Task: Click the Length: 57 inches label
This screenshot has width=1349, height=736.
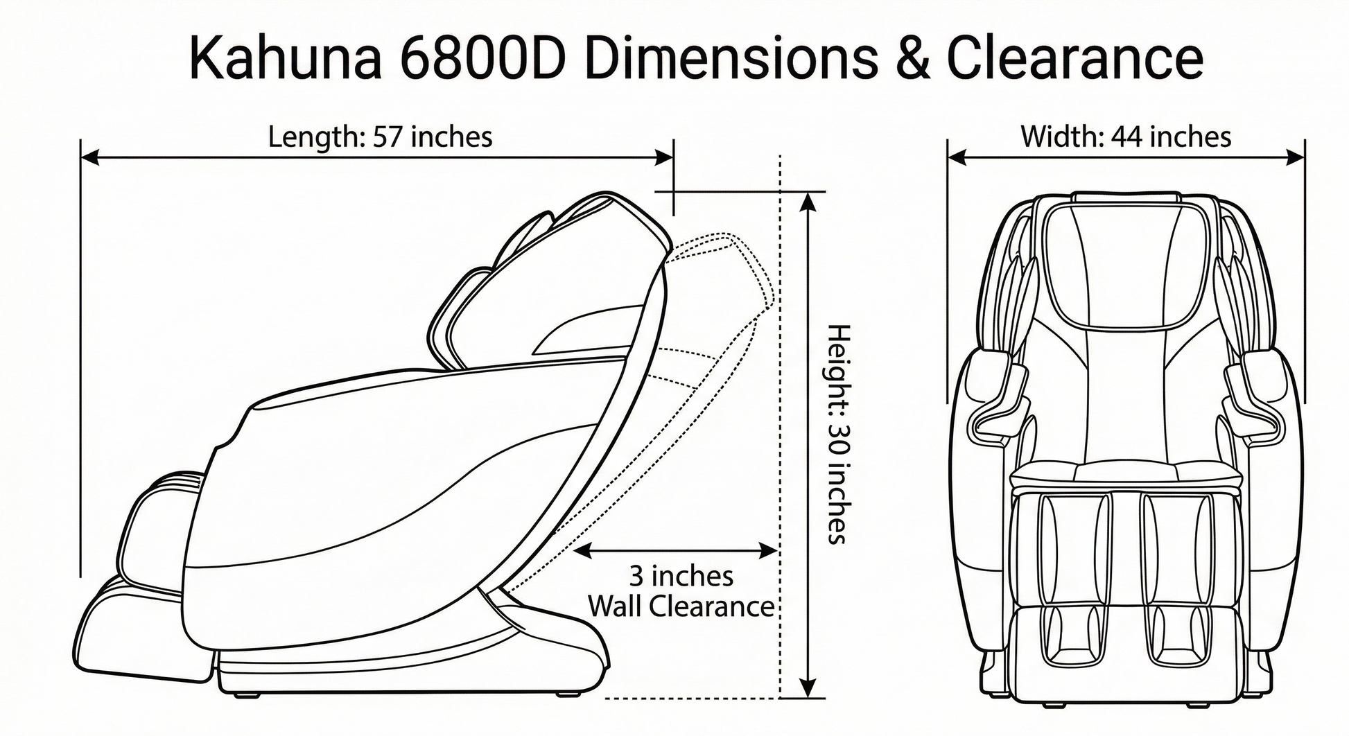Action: click(380, 137)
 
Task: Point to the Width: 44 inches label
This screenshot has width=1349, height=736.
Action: click(1126, 137)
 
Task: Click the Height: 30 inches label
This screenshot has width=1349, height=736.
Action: click(839, 434)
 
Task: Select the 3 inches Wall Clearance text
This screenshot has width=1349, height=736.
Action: click(681, 591)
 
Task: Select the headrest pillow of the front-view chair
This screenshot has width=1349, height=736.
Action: click(1126, 263)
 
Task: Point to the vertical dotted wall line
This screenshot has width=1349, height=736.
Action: click(781, 416)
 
